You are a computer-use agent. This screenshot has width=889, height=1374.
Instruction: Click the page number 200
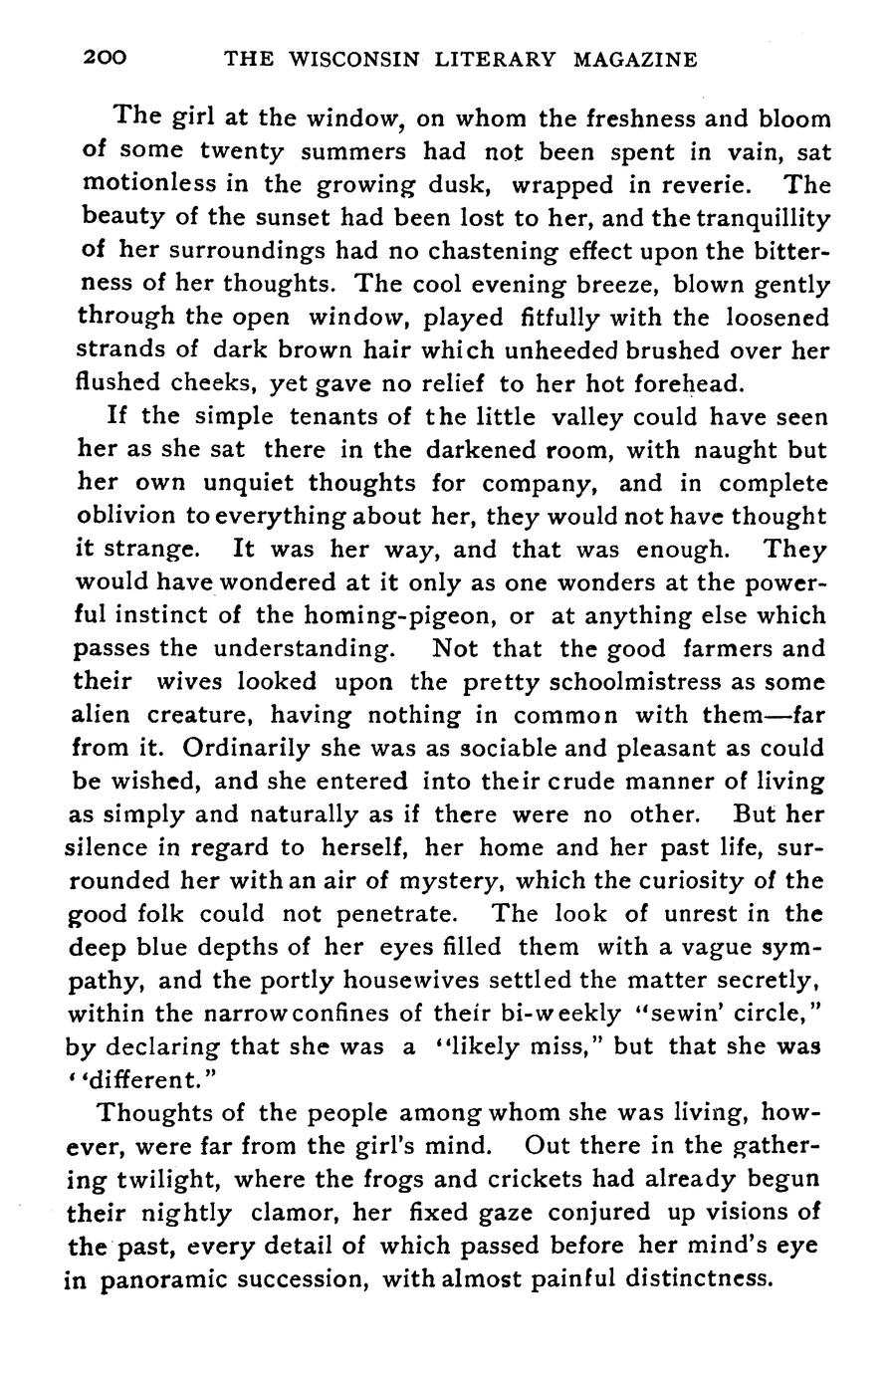tap(105, 59)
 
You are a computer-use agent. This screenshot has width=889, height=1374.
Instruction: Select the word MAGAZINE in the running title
tap(635, 60)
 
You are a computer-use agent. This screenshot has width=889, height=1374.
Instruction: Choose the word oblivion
tap(123, 516)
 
